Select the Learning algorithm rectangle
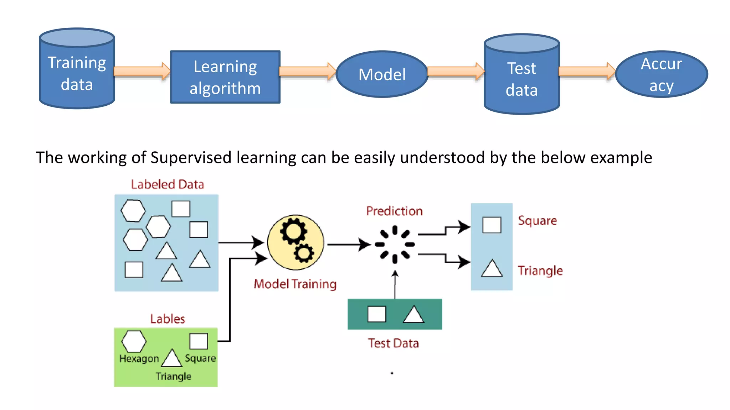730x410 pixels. click(225, 77)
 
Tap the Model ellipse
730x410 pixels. click(382, 74)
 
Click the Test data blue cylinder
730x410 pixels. click(521, 78)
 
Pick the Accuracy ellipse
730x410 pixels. click(661, 74)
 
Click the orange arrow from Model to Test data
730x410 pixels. click(455, 71)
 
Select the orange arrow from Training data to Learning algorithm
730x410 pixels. click(142, 71)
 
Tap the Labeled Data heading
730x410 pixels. click(167, 184)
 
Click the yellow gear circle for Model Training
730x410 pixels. click(295, 242)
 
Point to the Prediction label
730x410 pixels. click(394, 211)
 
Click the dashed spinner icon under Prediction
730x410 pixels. click(395, 244)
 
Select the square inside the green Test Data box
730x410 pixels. click(377, 314)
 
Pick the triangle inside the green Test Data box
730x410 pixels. click(413, 315)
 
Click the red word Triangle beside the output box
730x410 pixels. click(540, 271)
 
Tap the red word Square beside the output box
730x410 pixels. click(537, 221)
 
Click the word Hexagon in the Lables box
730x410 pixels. click(139, 358)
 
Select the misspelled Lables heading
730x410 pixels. click(168, 319)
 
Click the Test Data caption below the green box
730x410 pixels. click(393, 343)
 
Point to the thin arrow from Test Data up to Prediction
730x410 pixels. click(395, 285)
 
